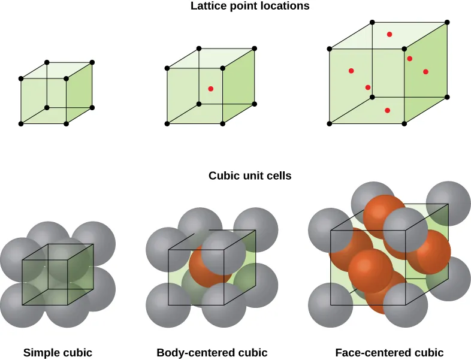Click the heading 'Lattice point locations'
[x=250, y=7]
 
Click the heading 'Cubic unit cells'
[x=250, y=176]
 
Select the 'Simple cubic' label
[x=58, y=353]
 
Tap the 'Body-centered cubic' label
[x=212, y=353]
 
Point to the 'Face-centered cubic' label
[x=390, y=353]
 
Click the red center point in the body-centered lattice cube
[x=210, y=89]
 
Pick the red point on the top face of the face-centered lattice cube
[x=390, y=34]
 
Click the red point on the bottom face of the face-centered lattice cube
[x=387, y=110]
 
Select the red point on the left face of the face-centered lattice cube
[x=351, y=71]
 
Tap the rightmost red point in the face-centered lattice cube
[x=425, y=72]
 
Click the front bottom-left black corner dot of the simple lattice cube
[x=21, y=124]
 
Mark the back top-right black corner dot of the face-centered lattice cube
[x=447, y=22]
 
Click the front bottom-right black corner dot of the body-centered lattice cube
[x=222, y=124]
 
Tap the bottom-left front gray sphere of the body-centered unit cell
[x=168, y=305]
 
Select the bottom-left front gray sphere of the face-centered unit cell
[x=330, y=306]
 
